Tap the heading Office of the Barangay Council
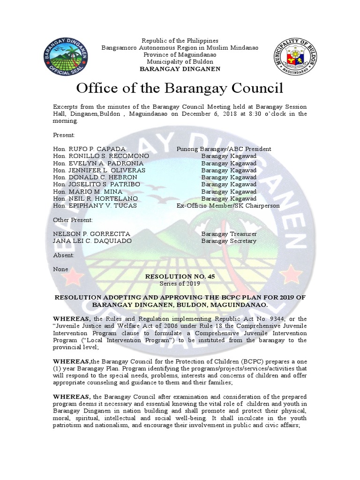[x=180, y=88]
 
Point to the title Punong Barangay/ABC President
[x=224, y=149]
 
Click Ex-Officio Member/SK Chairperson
[x=228, y=205]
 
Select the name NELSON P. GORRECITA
[x=91, y=234]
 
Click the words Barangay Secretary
[x=229, y=241]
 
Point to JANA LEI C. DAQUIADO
[x=92, y=241]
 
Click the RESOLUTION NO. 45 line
[x=180, y=277]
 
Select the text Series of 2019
[x=180, y=284]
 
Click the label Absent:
[x=64, y=255]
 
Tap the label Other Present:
[x=73, y=220]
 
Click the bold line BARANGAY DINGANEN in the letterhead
[x=180, y=69]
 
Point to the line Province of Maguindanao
[x=180, y=55]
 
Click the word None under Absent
[x=60, y=269]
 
